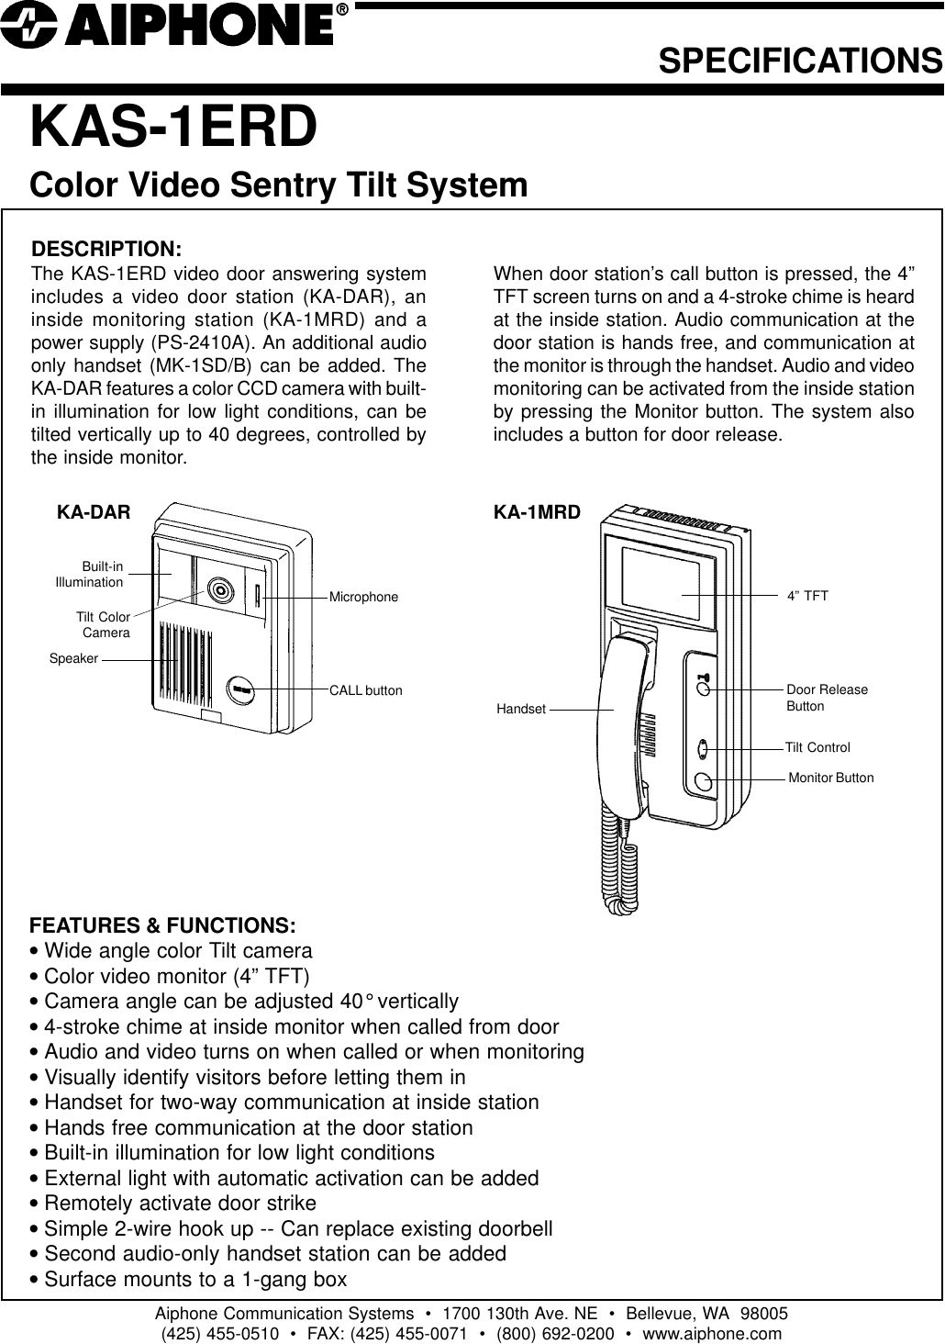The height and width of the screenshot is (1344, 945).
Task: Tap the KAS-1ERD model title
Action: point(174,127)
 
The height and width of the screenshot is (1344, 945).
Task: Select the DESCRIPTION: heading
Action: point(107,250)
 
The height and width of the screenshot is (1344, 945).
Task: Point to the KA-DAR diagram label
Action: point(94,511)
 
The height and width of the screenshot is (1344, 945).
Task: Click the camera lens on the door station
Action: point(219,589)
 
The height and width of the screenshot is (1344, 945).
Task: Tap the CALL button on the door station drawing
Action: point(241,689)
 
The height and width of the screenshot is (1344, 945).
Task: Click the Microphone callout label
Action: point(363,597)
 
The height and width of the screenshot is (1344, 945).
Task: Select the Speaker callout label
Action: point(73,658)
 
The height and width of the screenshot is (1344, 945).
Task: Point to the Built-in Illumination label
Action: point(90,575)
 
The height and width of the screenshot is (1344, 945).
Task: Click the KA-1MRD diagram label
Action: point(537,511)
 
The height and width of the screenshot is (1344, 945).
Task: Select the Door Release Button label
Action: point(826,698)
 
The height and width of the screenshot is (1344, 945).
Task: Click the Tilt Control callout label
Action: point(817,747)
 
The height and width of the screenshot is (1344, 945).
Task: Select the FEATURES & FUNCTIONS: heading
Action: point(163,924)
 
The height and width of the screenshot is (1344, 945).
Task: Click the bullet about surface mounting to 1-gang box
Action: point(188,1279)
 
